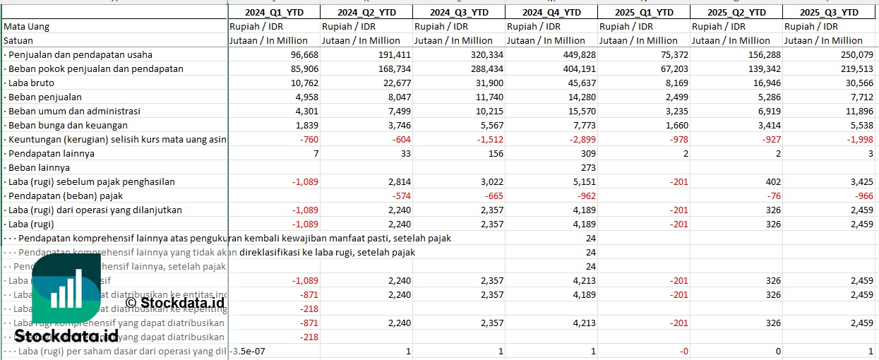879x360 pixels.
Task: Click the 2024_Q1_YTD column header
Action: point(274,12)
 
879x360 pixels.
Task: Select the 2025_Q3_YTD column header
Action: point(830,12)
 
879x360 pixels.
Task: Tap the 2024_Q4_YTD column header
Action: point(552,12)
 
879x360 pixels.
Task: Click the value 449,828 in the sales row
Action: point(576,54)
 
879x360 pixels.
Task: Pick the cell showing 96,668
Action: point(299,54)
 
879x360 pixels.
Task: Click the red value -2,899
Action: point(581,139)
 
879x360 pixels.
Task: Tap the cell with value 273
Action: point(587,167)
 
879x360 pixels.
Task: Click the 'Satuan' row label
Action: point(18,40)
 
